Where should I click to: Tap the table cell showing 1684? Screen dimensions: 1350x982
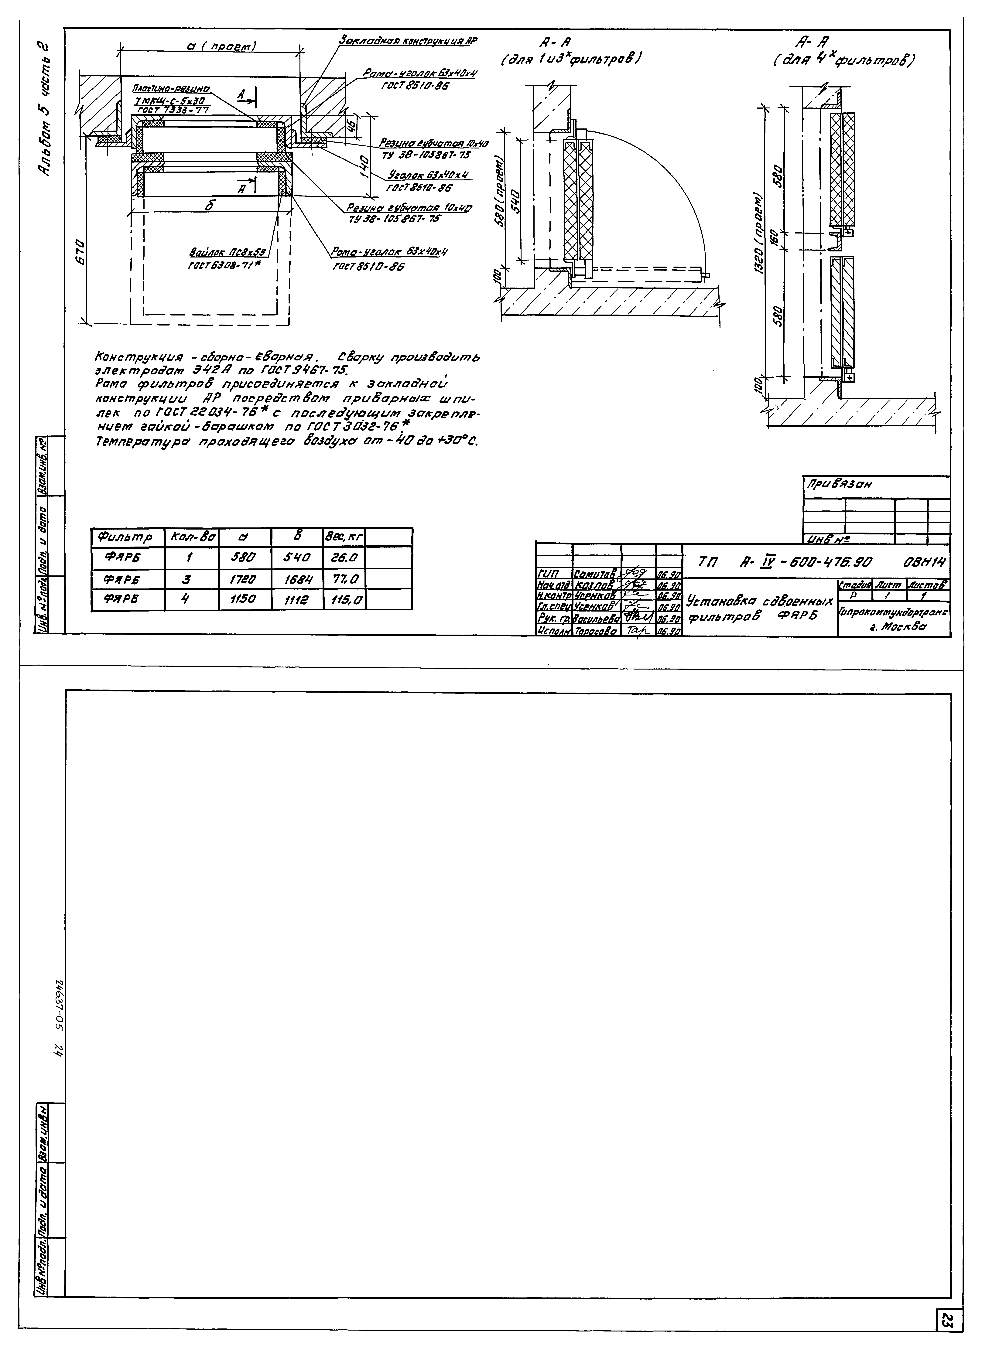tap(297, 579)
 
